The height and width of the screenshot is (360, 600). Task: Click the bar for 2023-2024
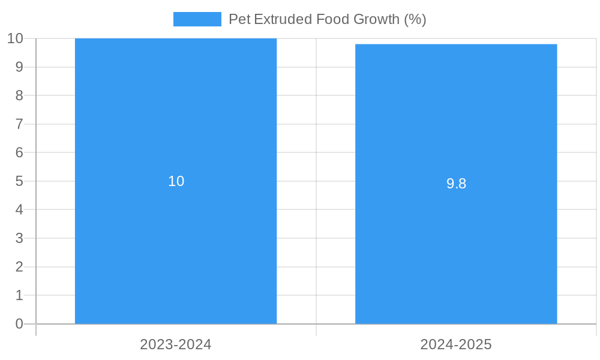click(x=176, y=240)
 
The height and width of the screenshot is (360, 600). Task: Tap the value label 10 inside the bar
click(x=176, y=181)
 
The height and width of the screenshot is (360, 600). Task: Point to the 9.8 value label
click(x=456, y=184)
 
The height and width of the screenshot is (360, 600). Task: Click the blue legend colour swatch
click(x=197, y=19)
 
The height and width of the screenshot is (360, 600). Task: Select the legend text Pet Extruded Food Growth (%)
click(x=327, y=19)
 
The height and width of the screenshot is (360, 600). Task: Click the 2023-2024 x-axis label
click(x=176, y=344)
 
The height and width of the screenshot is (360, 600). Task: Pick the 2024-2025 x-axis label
click(x=456, y=344)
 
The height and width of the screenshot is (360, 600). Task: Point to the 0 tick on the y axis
click(x=19, y=324)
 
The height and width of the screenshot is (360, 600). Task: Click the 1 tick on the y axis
click(x=19, y=295)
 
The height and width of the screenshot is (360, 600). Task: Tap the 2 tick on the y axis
click(x=19, y=267)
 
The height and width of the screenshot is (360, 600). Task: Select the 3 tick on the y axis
click(x=19, y=238)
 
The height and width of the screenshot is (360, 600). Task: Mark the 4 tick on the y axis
click(x=19, y=210)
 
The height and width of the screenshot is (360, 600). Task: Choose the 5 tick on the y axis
click(x=19, y=181)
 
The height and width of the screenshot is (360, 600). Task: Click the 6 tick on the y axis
click(x=19, y=152)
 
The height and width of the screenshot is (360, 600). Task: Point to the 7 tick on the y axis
click(x=19, y=124)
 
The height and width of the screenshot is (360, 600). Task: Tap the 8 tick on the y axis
click(x=19, y=95)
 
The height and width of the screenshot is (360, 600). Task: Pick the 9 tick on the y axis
click(x=19, y=67)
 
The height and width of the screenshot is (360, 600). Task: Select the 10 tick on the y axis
click(x=15, y=38)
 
